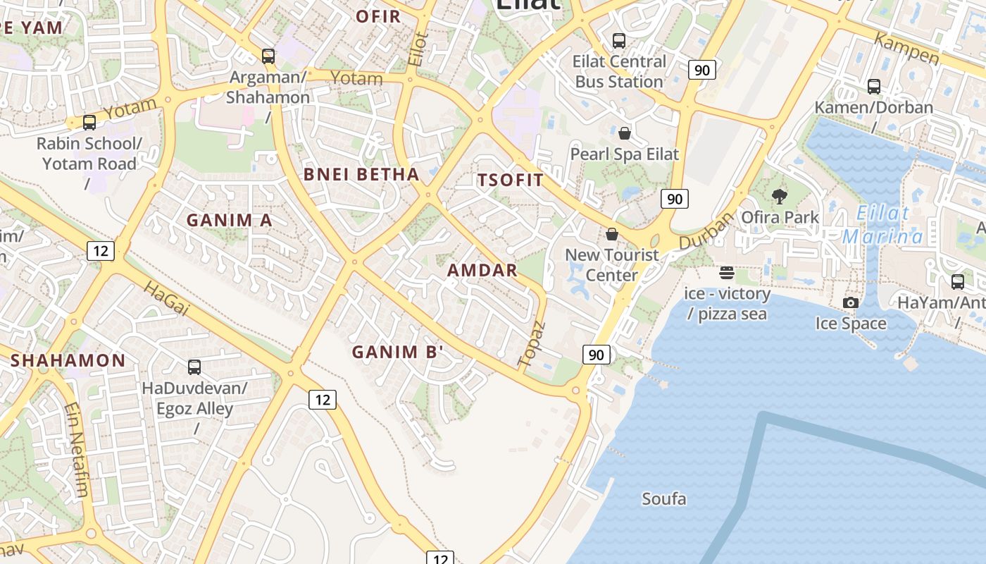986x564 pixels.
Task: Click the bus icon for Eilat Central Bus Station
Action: [619, 41]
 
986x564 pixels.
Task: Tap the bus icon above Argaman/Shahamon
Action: [268, 56]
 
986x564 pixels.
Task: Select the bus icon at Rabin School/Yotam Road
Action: [89, 123]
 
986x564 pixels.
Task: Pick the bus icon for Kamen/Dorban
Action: [874, 87]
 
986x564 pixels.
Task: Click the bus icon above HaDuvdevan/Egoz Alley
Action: [194, 367]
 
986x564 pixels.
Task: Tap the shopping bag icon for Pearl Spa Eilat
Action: [624, 133]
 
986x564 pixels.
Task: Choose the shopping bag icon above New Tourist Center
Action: [612, 234]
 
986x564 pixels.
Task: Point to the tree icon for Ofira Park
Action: [780, 196]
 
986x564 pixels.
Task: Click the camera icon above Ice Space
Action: [851, 302]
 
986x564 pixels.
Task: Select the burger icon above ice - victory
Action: [727, 273]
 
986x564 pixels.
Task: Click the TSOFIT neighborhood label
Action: [511, 180]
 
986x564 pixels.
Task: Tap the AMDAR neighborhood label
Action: [482, 270]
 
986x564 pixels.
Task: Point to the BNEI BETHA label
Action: [361, 175]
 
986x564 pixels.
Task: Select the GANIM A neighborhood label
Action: [229, 220]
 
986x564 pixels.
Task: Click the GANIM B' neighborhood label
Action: [397, 351]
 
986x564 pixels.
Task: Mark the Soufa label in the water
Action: [663, 499]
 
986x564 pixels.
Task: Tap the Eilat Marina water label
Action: [882, 225]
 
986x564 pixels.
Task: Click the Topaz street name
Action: [532, 344]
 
